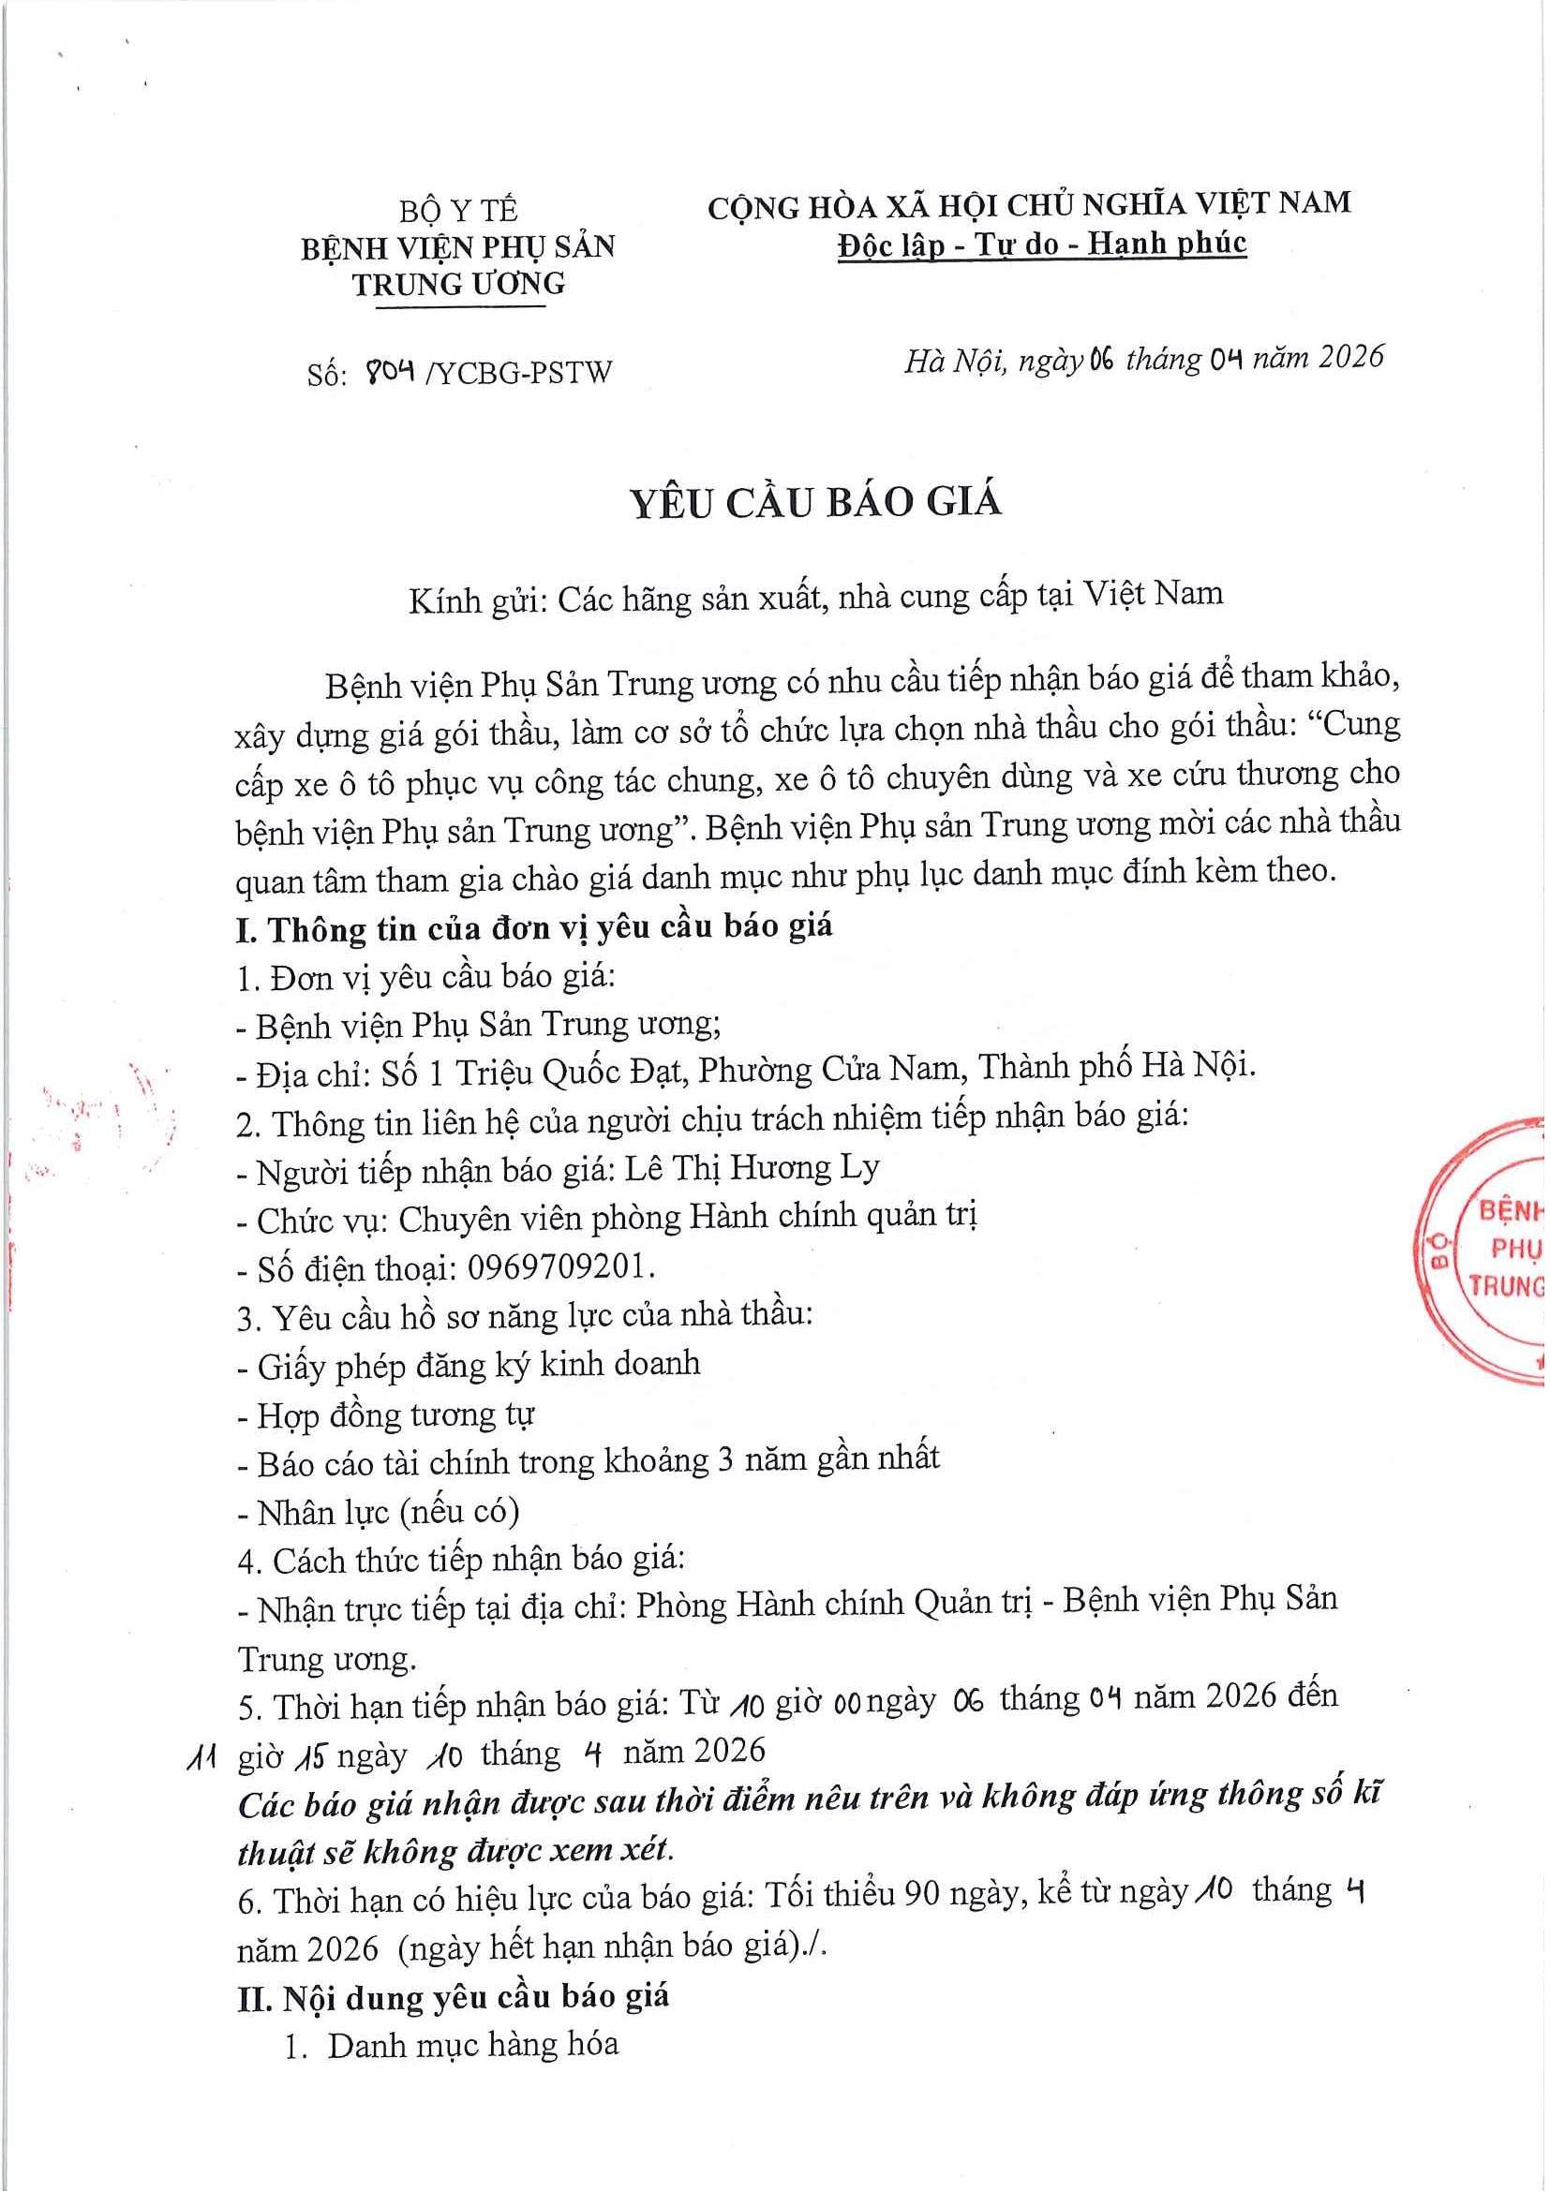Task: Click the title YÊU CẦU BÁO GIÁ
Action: [x=816, y=503]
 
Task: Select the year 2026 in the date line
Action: [x=1349, y=357]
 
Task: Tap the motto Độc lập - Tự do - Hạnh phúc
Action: [x=1042, y=245]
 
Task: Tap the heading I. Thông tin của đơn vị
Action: [x=534, y=928]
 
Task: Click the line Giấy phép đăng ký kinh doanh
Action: [x=478, y=1365]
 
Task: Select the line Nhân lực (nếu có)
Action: [x=389, y=1513]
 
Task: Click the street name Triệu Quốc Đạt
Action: [x=570, y=1073]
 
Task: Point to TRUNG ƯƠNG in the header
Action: [x=458, y=285]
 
